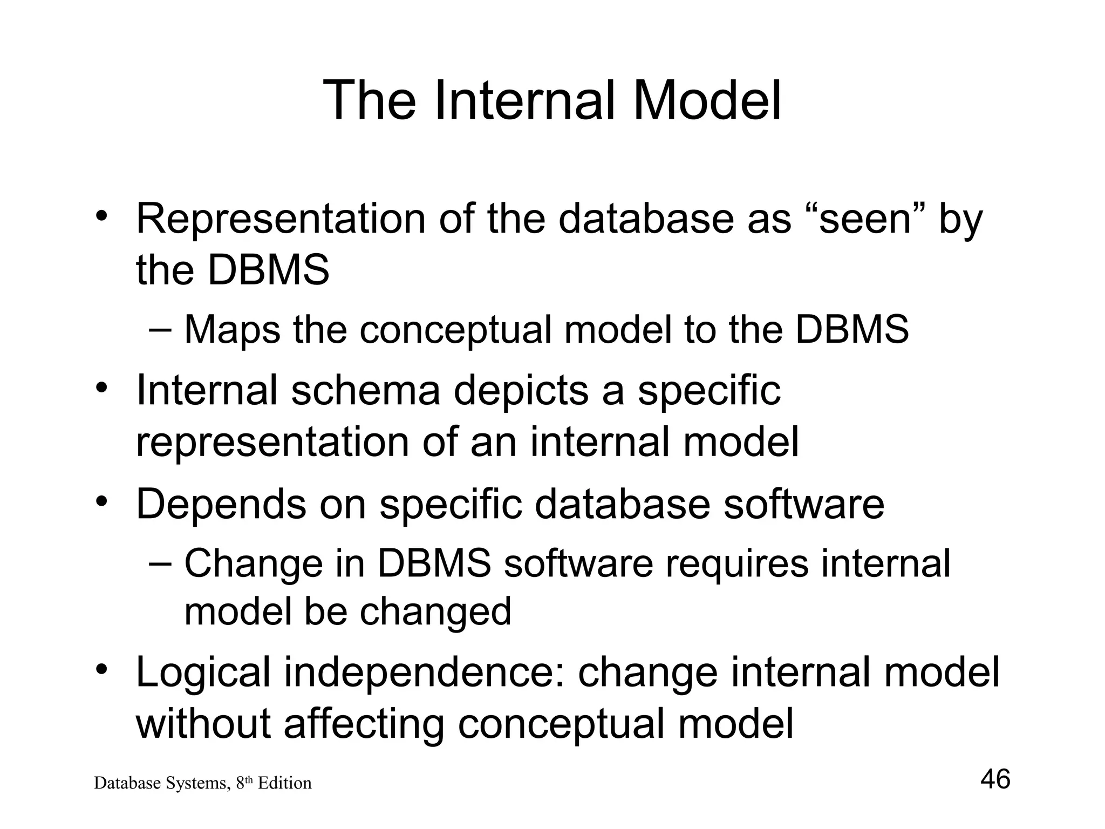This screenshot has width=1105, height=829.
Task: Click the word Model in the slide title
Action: click(x=707, y=100)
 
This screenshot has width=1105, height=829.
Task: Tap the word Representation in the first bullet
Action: click(x=281, y=219)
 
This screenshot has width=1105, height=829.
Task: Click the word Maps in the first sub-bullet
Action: click(x=233, y=329)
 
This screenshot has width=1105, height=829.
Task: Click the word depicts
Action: click(x=521, y=390)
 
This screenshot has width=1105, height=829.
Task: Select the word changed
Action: click(x=435, y=611)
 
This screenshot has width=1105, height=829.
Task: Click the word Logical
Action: click(x=203, y=673)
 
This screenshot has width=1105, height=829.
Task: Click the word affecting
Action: click(x=364, y=723)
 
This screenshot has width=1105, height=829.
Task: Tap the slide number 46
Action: click(x=995, y=779)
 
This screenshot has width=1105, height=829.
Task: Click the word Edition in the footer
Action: click(x=284, y=783)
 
